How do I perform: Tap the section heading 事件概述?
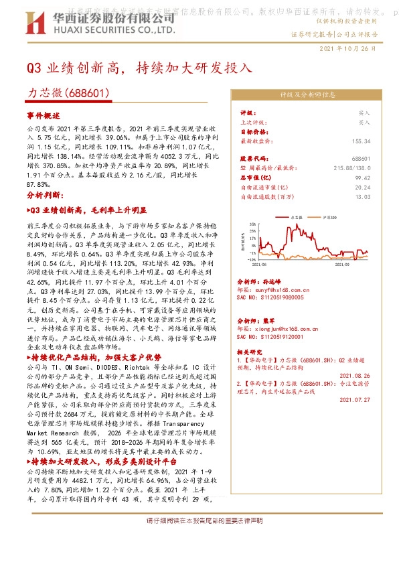click(44, 116)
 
